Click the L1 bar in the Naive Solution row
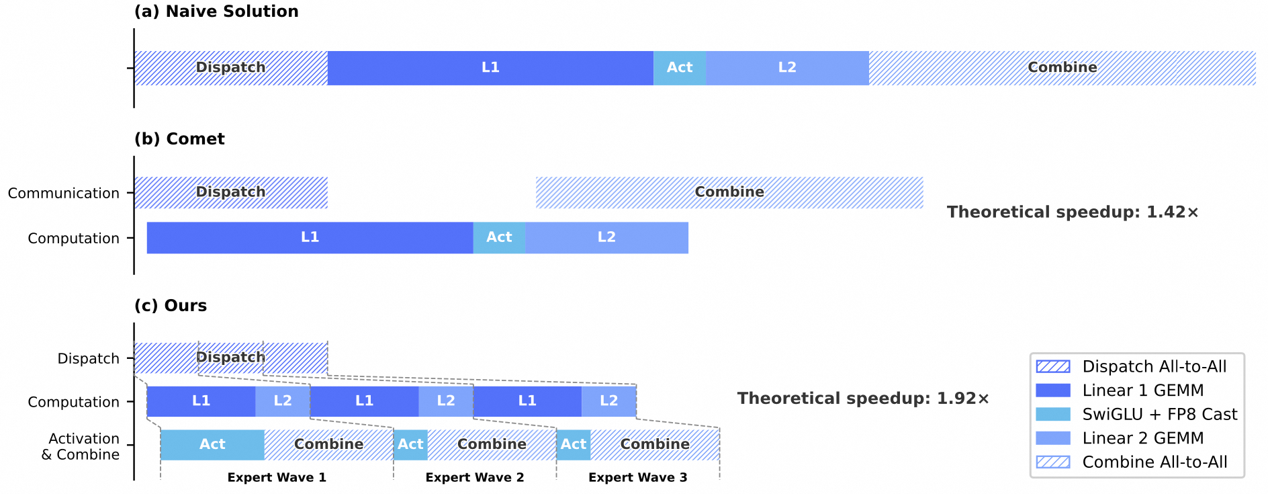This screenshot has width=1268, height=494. click(x=490, y=68)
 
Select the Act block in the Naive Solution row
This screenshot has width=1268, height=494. click(x=680, y=68)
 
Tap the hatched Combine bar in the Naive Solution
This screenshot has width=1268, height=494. click(x=1062, y=68)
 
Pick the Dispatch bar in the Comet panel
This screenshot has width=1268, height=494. click(x=231, y=193)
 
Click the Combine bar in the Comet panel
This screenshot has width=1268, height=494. click(x=729, y=193)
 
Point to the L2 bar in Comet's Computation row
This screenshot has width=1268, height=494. click(x=606, y=238)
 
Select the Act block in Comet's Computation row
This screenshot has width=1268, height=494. click(x=499, y=238)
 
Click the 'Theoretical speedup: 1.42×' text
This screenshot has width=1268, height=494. click(x=1073, y=212)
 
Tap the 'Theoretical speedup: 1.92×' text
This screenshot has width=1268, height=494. click(x=863, y=399)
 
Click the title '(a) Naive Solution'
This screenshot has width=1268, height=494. click(x=216, y=11)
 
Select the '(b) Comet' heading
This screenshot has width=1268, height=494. click(x=179, y=139)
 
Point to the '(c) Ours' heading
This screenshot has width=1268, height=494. click(x=171, y=306)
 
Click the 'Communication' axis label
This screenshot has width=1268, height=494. click(x=64, y=194)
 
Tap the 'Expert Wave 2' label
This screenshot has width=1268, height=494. click(x=475, y=478)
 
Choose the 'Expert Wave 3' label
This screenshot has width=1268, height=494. click(x=638, y=478)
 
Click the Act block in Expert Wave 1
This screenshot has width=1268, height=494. click(x=212, y=445)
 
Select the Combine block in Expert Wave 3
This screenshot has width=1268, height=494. click(x=655, y=445)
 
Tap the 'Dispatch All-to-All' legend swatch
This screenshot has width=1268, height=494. click(x=1053, y=366)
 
